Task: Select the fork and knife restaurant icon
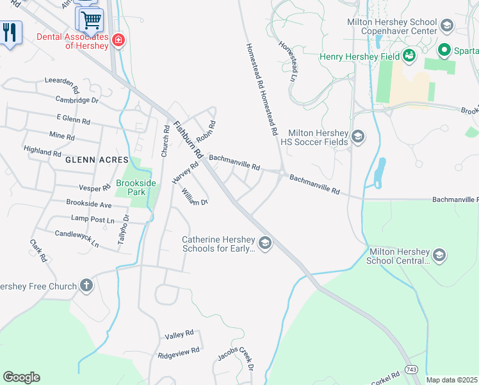(x=9, y=31)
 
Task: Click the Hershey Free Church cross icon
(x=86, y=286)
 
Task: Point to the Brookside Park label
(x=136, y=187)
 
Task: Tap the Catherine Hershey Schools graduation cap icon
(x=265, y=243)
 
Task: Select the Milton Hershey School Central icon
(x=439, y=255)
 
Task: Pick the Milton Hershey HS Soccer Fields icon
(x=358, y=136)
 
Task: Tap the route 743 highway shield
(x=411, y=371)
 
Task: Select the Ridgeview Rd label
(x=179, y=352)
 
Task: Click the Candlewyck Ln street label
(x=76, y=239)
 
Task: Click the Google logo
(x=21, y=377)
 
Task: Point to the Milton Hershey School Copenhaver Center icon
(x=446, y=26)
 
